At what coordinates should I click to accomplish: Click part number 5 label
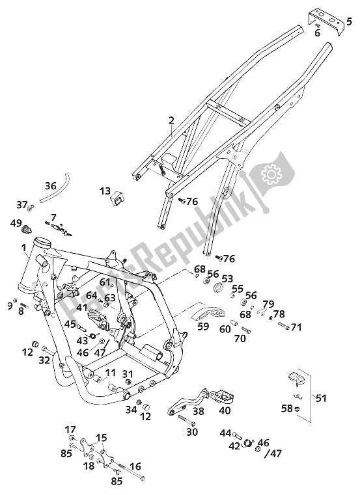coord(349,21)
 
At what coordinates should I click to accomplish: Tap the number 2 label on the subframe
coord(171,120)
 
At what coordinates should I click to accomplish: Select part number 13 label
coord(105,191)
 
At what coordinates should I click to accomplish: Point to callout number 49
coord(16,224)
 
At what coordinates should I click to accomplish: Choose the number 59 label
coord(203,326)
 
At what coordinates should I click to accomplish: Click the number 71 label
coord(296,327)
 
